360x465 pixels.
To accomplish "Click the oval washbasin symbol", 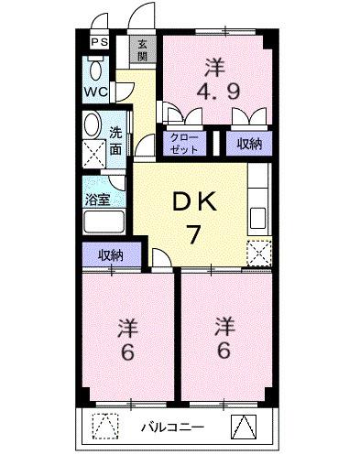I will point(93,125).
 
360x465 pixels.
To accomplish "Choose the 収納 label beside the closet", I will point(249,142).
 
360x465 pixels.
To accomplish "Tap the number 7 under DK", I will point(195,235).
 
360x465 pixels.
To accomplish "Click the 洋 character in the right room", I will point(224,325).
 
